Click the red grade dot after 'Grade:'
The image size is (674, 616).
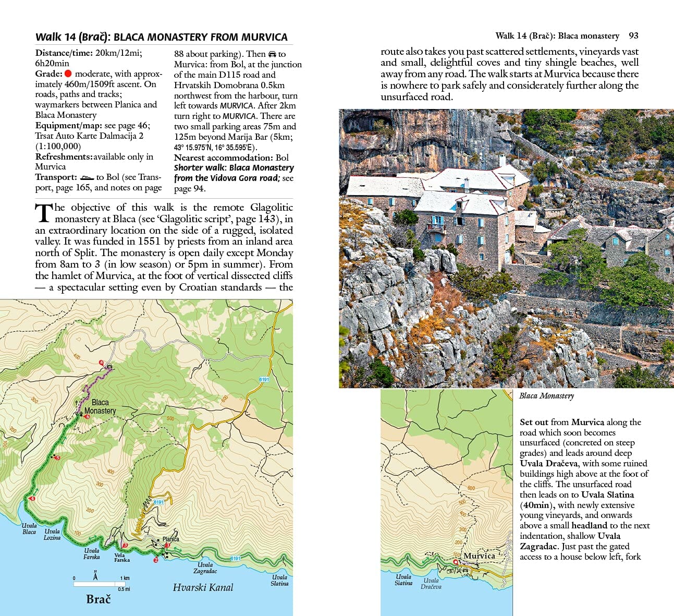68,74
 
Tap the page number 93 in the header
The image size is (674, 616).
633,36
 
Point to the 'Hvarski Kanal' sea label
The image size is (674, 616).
203,587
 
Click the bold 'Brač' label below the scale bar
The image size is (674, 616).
98,599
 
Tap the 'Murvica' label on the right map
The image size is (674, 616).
479,555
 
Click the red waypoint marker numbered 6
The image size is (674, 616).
87,416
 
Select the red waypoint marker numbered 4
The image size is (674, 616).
32,499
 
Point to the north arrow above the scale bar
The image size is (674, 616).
95,575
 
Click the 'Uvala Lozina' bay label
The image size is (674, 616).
52,534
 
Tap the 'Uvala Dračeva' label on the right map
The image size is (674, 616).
431,583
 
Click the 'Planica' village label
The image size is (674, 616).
171,539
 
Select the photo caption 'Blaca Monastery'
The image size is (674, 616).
546,396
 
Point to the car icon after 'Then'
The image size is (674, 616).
272,54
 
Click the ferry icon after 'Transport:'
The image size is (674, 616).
87,177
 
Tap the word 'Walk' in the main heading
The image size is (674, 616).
48,37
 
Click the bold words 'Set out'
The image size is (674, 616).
534,422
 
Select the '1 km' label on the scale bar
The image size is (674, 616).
125,578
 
